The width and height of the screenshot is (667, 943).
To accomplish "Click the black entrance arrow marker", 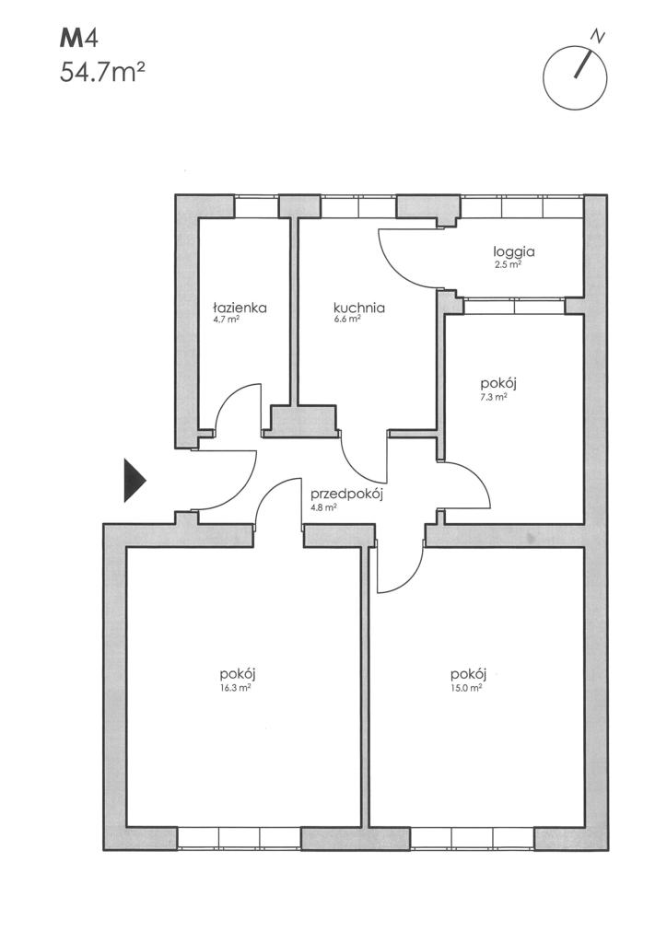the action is point(135,479).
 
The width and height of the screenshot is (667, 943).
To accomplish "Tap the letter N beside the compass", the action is point(597,36).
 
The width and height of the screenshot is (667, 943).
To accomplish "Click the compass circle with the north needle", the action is point(575,78).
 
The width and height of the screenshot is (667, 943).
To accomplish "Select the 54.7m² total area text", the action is point(102,73).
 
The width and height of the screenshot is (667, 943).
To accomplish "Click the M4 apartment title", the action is point(77,39).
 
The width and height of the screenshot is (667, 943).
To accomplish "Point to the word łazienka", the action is point(240,308).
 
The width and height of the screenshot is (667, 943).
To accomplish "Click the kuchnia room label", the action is point(359,308).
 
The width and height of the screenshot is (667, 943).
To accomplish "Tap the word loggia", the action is point(514,252).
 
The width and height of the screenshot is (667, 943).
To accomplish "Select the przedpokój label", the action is point(347,495).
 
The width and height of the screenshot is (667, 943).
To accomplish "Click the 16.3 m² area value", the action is point(235,688).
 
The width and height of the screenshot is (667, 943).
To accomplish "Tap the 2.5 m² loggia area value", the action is point(507,264).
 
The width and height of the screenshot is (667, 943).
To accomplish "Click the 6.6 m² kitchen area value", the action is point(347,320).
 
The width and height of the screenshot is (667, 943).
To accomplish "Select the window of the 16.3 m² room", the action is point(240,838).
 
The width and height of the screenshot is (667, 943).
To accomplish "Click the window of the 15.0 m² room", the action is point(472,838).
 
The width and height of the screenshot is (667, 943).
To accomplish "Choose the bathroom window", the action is point(257,206).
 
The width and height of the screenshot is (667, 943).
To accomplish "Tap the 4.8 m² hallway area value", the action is point(323,507).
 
